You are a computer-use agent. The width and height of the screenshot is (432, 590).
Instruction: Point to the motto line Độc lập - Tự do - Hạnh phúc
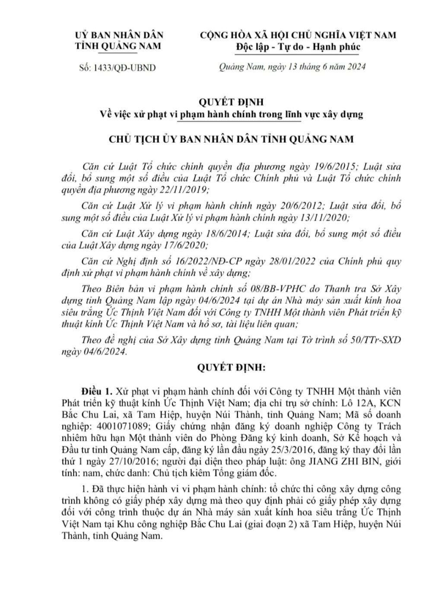(x=298, y=47)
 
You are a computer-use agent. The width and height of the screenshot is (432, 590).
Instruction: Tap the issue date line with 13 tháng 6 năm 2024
(x=292, y=67)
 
